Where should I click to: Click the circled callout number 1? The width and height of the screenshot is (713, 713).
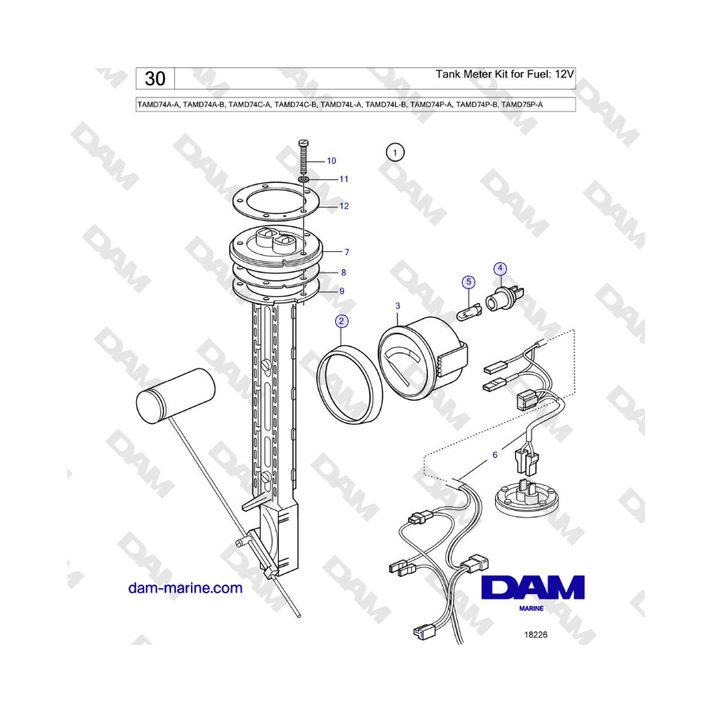[x=395, y=152]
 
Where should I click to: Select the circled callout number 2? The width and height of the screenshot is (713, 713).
[x=341, y=322]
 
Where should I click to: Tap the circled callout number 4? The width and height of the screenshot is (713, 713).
[x=500, y=269]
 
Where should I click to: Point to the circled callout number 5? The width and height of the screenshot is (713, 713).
[x=468, y=282]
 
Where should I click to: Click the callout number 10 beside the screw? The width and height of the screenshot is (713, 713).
[x=331, y=161]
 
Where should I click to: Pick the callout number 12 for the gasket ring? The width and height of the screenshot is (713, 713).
[x=344, y=207]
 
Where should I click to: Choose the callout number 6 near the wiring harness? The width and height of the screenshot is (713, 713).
[x=494, y=455]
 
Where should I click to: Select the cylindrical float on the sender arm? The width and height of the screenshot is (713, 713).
[x=176, y=393]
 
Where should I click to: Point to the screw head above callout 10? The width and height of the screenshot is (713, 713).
[x=304, y=143]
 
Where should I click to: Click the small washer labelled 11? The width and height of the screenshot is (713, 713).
[x=305, y=180]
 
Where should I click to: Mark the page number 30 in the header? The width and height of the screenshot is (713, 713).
[x=155, y=78]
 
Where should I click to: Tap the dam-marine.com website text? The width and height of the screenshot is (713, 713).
[x=185, y=588]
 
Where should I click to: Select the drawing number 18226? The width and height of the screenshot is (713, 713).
[x=536, y=635]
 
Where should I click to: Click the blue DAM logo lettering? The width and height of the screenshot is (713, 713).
[x=532, y=588]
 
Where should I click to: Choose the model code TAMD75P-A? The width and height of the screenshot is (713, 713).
[x=521, y=105]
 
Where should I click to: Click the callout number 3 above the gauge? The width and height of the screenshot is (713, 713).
[x=398, y=306]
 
